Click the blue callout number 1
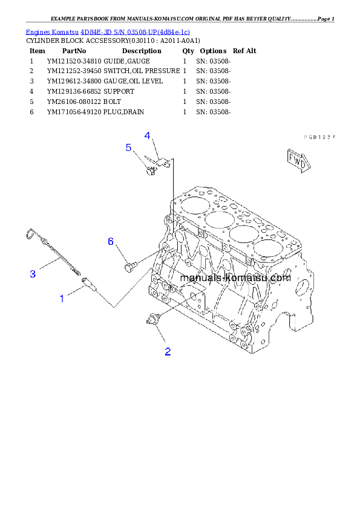62,297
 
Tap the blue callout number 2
168,351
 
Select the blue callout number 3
33,274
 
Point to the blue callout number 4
147,135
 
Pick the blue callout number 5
128,147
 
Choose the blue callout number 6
111,241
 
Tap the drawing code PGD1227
319,137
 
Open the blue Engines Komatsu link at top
108,31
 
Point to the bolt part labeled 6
129,265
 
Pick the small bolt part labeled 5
149,170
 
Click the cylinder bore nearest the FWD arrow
267,247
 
